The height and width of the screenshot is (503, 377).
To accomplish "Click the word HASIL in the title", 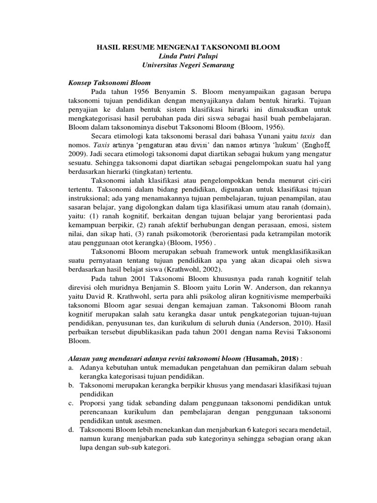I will pos(108,47).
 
